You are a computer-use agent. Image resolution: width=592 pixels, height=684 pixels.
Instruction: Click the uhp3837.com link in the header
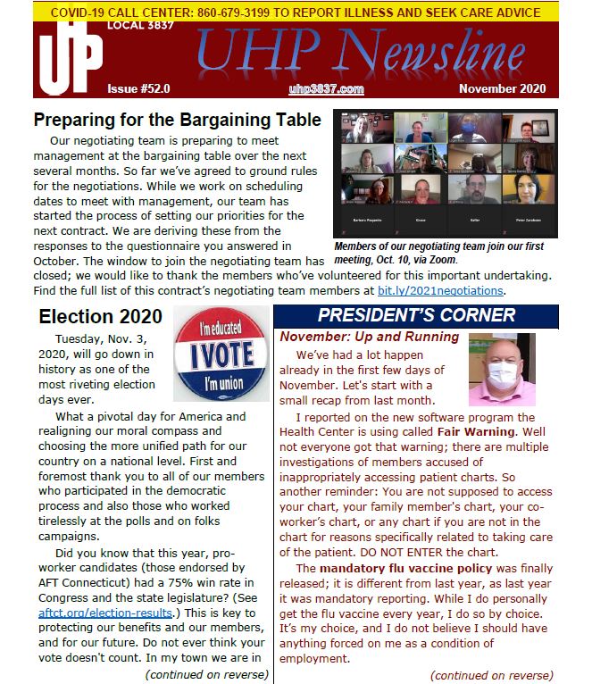[326, 89]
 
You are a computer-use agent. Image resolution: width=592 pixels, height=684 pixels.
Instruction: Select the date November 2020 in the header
[501, 89]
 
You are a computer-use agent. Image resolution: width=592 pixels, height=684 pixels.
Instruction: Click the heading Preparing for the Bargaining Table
[177, 120]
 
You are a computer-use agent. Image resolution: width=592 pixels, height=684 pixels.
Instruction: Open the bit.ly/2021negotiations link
[453, 290]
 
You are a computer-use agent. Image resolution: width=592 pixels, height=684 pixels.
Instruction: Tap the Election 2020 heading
[101, 316]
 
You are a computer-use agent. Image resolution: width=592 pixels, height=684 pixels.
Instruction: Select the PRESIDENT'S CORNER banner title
[416, 315]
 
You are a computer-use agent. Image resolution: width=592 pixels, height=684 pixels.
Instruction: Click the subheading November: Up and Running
[370, 337]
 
